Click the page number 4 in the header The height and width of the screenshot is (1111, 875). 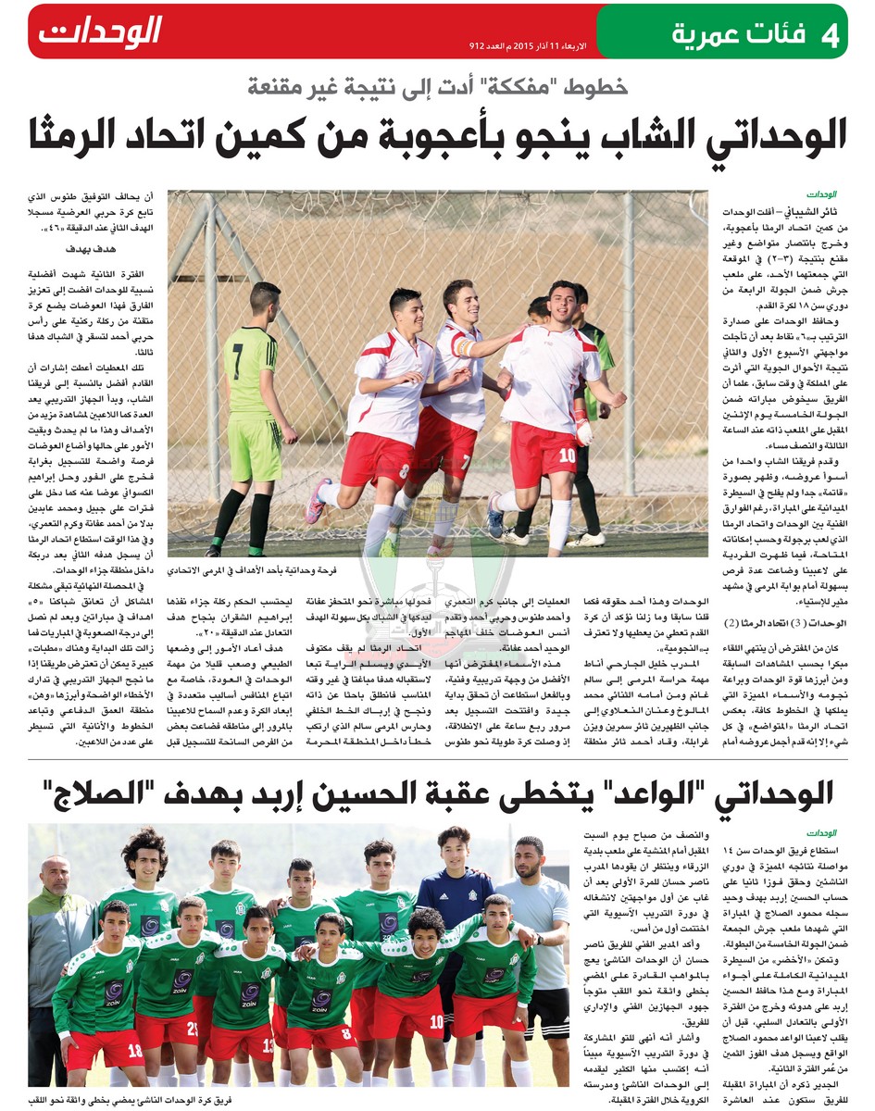(829, 35)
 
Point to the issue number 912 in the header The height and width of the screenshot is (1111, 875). (479, 44)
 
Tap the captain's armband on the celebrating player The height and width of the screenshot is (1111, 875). (465, 348)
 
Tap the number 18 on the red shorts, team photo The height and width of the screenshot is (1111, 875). (134, 1050)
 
